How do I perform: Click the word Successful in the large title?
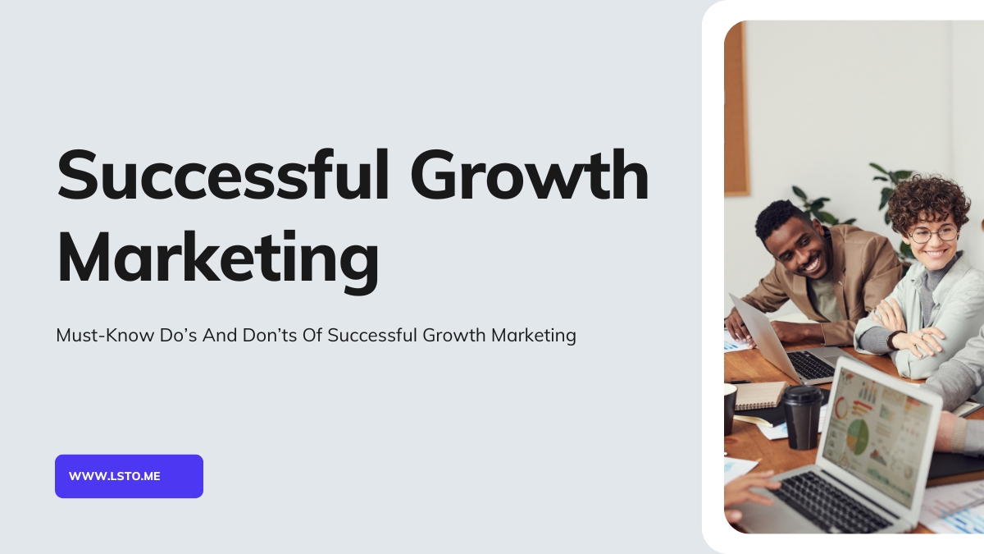pyautogui.click(x=223, y=175)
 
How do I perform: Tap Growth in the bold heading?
pyautogui.click(x=530, y=175)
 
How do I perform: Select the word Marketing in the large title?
pyautogui.click(x=218, y=259)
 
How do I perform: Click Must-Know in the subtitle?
pyautogui.click(x=105, y=336)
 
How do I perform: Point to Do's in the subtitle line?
pyautogui.click(x=178, y=336)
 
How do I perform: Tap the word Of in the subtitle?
pyautogui.click(x=312, y=336)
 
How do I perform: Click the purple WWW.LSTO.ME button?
pyautogui.click(x=130, y=476)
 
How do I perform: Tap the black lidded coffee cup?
pyautogui.click(x=803, y=417)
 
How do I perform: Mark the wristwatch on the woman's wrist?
pyautogui.click(x=894, y=340)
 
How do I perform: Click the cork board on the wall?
pyautogui.click(x=736, y=108)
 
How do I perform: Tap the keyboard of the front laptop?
pyautogui.click(x=830, y=501)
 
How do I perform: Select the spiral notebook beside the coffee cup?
pyautogui.click(x=760, y=396)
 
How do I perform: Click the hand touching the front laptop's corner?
pyautogui.click(x=747, y=490)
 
